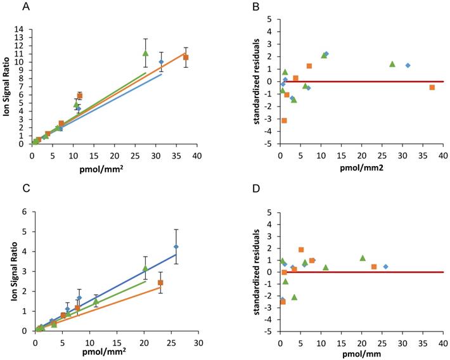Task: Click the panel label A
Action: click(x=26, y=7)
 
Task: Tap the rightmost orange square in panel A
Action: click(x=186, y=57)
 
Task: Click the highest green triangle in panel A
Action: click(x=145, y=53)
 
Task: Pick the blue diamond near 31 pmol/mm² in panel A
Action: click(x=161, y=62)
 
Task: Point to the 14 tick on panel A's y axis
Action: click(x=23, y=29)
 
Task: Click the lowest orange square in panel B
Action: click(x=284, y=120)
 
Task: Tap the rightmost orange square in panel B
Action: click(x=432, y=87)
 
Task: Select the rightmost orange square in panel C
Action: click(x=160, y=283)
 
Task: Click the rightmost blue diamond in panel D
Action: click(x=385, y=266)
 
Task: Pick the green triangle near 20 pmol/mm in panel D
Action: click(x=363, y=258)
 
